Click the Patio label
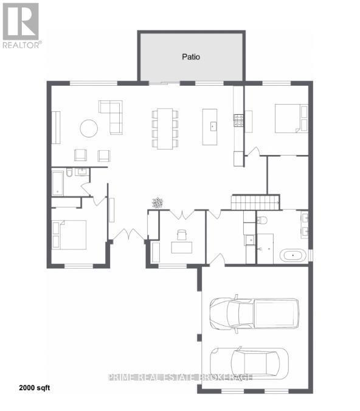coord(191,57)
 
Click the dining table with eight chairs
coord(164,128)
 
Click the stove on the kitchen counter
coord(239,120)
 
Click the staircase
coord(255,202)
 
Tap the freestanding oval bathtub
coord(293,255)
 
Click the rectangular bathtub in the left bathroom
coord(57,183)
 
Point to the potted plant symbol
coord(157,202)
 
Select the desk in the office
coord(182,247)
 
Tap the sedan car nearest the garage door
coord(249,363)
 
